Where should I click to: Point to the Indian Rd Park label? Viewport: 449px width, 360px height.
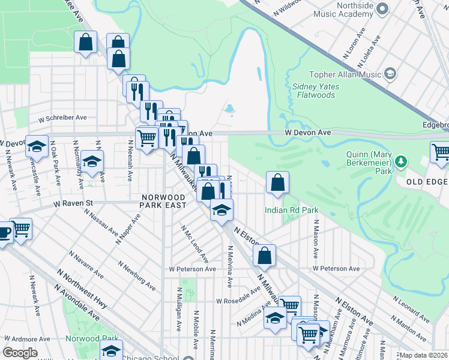click(291, 210)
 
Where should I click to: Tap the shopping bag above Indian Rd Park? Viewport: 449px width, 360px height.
click(277, 184)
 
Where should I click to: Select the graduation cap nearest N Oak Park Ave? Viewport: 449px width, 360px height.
click(37, 148)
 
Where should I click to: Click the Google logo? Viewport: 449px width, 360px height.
click(20, 353)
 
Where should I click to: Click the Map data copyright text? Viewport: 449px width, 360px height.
click(424, 355)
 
